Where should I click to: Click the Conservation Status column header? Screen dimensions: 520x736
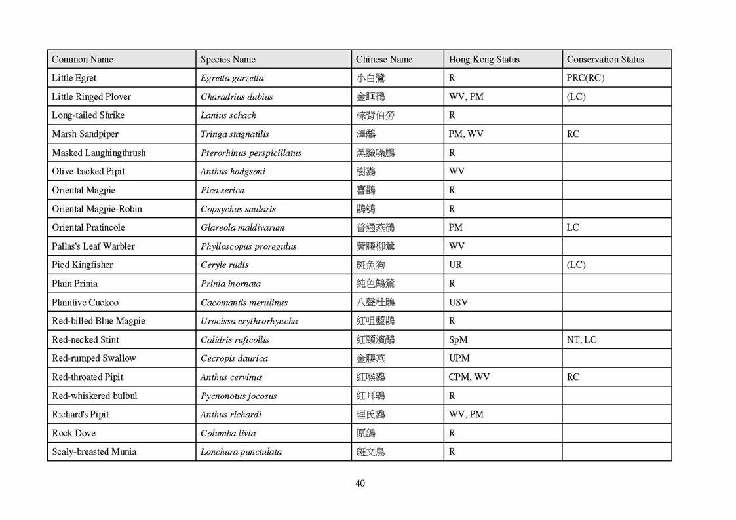click(x=605, y=59)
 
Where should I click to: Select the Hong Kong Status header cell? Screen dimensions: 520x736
click(x=484, y=59)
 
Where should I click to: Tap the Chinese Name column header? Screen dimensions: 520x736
click(x=384, y=59)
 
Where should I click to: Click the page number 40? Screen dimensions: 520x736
click(x=360, y=483)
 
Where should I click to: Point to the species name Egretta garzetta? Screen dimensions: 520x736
click(x=232, y=78)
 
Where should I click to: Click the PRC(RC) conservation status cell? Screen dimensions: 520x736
click(x=585, y=78)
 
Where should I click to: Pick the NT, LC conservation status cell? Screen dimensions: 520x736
click(x=581, y=340)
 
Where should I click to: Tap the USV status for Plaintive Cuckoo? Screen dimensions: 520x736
click(x=459, y=303)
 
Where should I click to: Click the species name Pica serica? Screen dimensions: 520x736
click(x=222, y=191)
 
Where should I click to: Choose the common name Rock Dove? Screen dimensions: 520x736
click(x=73, y=433)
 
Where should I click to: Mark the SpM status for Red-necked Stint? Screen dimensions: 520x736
click(x=458, y=340)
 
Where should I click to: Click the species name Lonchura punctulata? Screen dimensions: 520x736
click(x=241, y=452)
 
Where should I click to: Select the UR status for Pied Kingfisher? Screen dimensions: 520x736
click(x=455, y=265)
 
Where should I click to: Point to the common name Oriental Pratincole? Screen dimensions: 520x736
click(x=88, y=227)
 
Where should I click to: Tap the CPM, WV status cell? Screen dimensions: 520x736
click(x=469, y=377)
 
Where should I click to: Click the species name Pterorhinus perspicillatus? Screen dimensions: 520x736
click(x=251, y=153)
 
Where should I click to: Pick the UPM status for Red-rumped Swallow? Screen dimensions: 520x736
click(x=459, y=358)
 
